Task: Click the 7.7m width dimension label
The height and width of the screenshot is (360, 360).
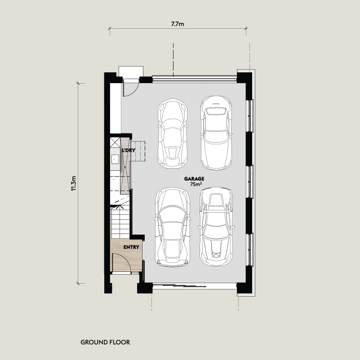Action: [178, 24]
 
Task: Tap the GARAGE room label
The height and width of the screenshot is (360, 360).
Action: [194, 178]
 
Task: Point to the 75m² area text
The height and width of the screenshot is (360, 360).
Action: [196, 184]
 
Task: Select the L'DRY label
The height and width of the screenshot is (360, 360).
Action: [129, 150]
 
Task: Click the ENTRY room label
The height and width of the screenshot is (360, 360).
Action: [132, 247]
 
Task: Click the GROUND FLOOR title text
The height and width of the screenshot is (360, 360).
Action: [105, 342]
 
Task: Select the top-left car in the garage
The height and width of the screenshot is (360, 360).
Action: [173, 133]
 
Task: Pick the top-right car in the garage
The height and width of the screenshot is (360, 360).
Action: [215, 132]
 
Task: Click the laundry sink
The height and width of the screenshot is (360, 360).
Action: [115, 158]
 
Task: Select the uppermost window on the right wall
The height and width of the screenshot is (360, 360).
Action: [250, 115]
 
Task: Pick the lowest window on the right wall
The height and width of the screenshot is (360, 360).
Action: [250, 249]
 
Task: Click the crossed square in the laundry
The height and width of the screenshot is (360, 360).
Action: [114, 143]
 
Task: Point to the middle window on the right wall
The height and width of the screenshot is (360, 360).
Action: [250, 182]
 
